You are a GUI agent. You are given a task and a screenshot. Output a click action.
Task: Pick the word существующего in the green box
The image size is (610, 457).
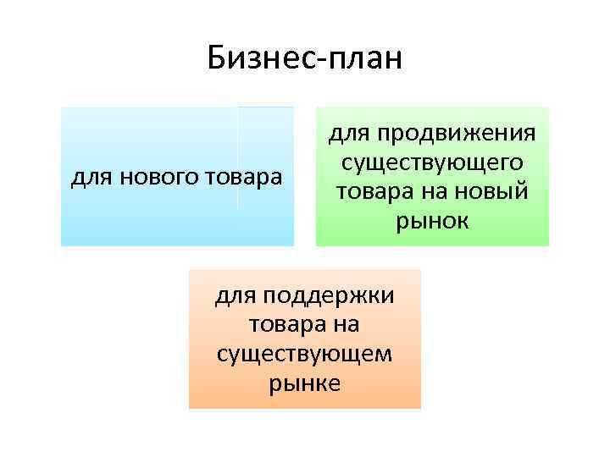point(432,162)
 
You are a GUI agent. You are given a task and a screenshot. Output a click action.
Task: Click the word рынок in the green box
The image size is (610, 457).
point(432,221)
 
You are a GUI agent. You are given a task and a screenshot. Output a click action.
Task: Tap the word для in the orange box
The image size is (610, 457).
point(236,296)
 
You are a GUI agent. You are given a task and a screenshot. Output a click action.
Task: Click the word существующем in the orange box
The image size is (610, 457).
point(304,354)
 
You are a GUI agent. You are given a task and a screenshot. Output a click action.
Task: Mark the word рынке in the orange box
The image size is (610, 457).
point(304,383)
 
